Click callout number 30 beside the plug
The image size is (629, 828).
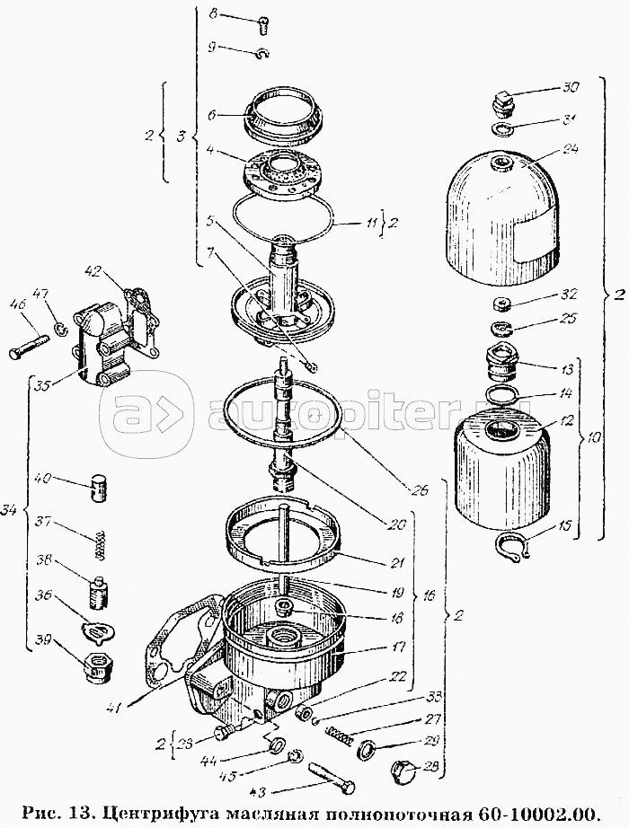(x=572, y=87)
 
